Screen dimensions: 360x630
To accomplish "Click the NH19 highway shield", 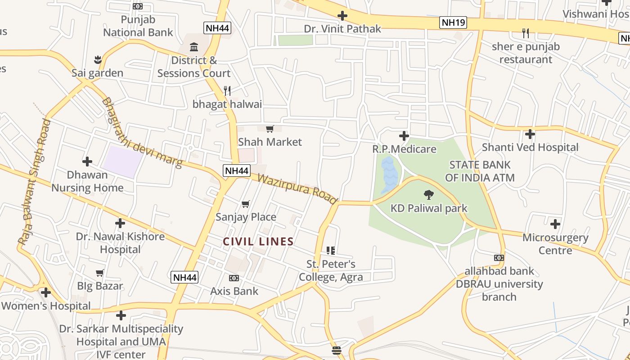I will (453, 22).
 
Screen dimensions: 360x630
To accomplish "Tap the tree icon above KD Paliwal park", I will (429, 195).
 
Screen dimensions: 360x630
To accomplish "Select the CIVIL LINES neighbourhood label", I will (258, 242).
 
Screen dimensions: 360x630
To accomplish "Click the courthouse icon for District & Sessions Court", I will (194, 47).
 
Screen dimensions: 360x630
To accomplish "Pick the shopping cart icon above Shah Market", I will (270, 129).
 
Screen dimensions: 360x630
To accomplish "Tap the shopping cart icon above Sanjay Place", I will (246, 204).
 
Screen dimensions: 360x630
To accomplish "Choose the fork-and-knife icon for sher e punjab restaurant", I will (525, 33).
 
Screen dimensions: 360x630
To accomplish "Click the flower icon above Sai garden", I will (98, 59).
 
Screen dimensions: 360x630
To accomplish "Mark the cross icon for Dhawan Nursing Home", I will (87, 161).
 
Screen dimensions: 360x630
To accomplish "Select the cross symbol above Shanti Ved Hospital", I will (530, 134).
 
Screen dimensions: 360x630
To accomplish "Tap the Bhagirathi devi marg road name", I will (142, 133).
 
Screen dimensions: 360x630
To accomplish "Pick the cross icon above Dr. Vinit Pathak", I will (342, 16).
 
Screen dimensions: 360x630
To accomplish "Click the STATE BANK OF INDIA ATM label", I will (480, 171).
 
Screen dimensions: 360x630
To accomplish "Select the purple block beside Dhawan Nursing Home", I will (122, 162).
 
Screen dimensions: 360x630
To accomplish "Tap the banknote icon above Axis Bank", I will (234, 278).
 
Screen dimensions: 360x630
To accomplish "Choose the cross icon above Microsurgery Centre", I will (555, 224).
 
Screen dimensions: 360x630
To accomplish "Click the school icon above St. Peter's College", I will (331, 250).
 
